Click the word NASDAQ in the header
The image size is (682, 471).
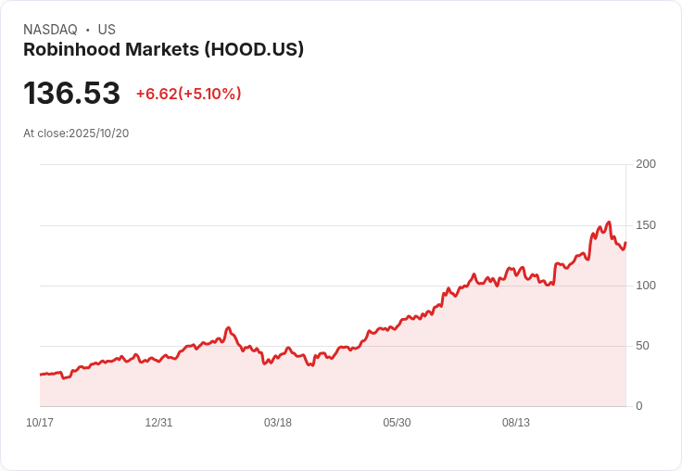tap(50, 30)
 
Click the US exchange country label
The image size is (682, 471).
tap(107, 30)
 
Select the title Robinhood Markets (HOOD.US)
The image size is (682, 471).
tap(163, 50)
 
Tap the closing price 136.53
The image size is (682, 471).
tap(72, 94)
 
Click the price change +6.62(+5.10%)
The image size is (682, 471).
tap(188, 94)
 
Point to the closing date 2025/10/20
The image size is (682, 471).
tap(99, 134)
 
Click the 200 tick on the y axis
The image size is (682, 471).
tap(646, 164)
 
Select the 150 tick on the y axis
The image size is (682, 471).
tap(646, 225)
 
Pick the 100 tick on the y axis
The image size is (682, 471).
tap(646, 286)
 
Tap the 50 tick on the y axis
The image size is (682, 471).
tap(642, 346)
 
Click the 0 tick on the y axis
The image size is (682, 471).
tap(638, 406)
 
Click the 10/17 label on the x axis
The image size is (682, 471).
tap(40, 423)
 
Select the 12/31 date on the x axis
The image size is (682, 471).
tap(158, 423)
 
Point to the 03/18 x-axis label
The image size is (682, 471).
tap(277, 423)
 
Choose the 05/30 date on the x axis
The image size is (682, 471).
tap(397, 423)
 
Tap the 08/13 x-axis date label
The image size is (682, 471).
tap(516, 423)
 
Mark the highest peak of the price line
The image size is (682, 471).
tap(609, 222)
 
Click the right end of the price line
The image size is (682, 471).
tap(625, 243)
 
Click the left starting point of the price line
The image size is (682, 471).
tap(40, 375)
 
